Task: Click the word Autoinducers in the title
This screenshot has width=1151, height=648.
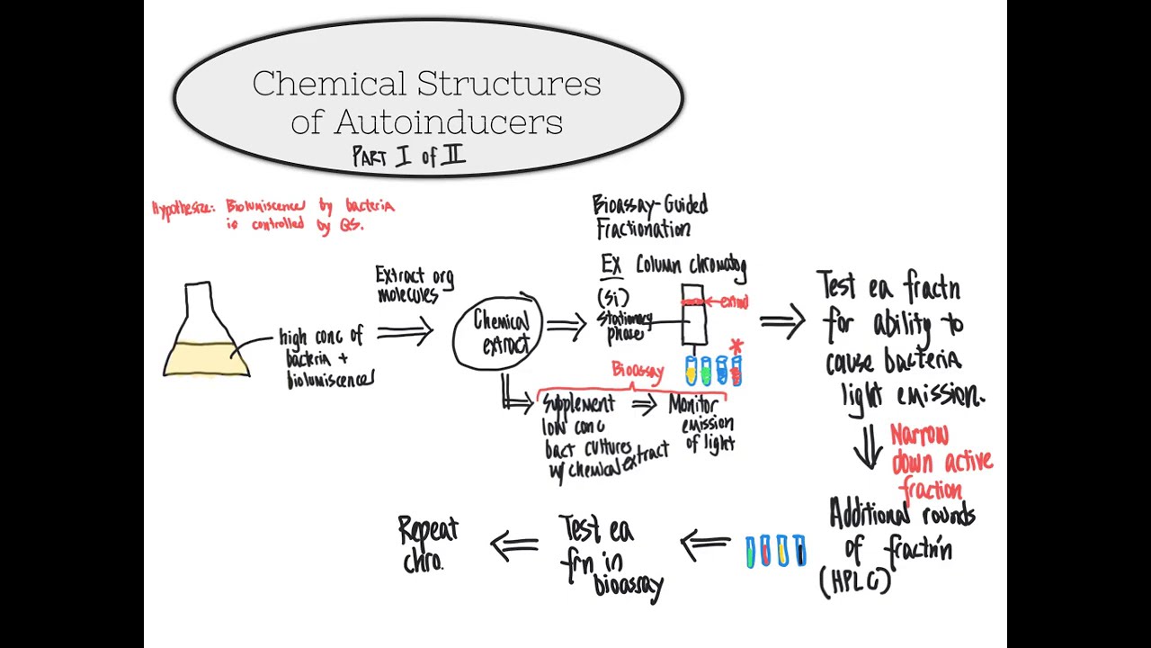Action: tap(426, 121)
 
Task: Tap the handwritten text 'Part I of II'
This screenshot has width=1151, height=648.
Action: tap(409, 156)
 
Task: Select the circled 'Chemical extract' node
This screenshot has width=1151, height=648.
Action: tap(500, 333)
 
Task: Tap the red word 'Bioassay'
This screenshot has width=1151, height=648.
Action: tap(638, 370)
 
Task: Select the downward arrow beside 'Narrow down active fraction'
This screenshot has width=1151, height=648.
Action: tap(868, 447)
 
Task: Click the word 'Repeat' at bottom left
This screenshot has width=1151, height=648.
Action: tap(429, 530)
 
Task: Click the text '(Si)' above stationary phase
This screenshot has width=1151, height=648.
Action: tap(612, 297)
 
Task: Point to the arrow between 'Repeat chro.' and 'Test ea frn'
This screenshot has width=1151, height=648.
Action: tap(513, 543)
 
